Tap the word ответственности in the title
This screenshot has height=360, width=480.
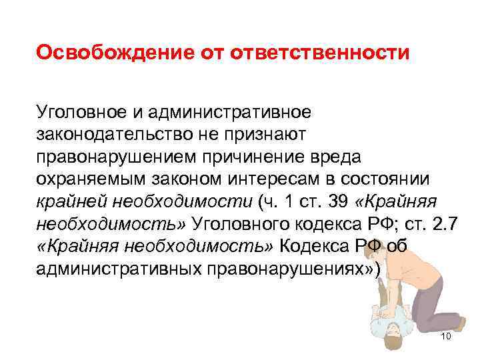[319, 52]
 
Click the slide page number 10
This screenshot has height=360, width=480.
[446, 337]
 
